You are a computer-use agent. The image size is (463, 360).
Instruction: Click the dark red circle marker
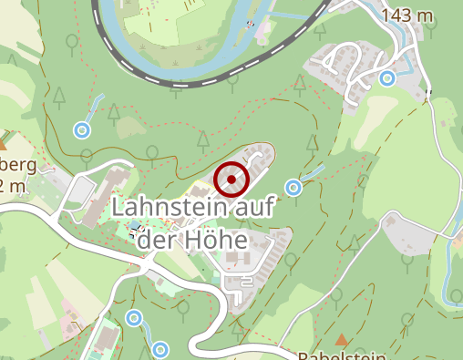(x=232, y=180)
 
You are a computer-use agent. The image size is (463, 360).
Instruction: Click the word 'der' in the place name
(x=165, y=240)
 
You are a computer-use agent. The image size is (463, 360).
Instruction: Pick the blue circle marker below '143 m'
(x=387, y=78)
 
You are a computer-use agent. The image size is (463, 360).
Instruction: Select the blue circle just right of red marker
(x=293, y=188)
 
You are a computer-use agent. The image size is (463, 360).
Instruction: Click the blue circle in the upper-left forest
(x=82, y=129)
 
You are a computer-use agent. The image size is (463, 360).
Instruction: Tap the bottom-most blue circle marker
(x=160, y=349)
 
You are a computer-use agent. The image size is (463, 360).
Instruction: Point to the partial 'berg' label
(x=20, y=165)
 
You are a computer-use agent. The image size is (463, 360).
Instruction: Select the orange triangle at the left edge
(x=3, y=143)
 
